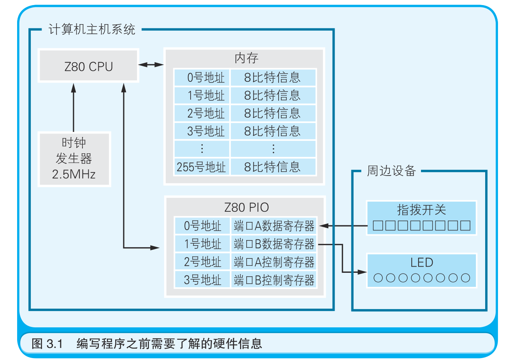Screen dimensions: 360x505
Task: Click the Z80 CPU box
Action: click(88, 66)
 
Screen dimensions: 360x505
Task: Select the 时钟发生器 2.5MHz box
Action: click(74, 159)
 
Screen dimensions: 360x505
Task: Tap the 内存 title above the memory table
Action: click(246, 58)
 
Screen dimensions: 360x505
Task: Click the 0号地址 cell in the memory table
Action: click(202, 77)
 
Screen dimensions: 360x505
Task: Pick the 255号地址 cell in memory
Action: click(202, 167)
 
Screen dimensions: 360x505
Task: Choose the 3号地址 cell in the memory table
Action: click(202, 131)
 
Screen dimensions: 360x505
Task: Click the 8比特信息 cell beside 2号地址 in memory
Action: click(273, 113)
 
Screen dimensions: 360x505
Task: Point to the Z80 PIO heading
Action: click(246, 207)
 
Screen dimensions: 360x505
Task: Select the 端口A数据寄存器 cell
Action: click(274, 226)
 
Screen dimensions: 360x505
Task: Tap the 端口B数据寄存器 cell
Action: click(274, 244)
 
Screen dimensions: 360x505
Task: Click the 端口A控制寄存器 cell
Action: click(274, 262)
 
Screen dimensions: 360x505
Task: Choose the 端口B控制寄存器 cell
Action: click(274, 280)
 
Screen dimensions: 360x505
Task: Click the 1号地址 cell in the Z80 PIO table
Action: click(202, 244)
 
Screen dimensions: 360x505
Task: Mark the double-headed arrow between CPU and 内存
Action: click(151, 65)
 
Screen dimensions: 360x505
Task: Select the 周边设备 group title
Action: click(391, 171)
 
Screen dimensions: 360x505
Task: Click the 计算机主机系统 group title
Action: click(92, 30)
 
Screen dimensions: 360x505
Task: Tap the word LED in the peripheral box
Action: click(421, 263)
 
